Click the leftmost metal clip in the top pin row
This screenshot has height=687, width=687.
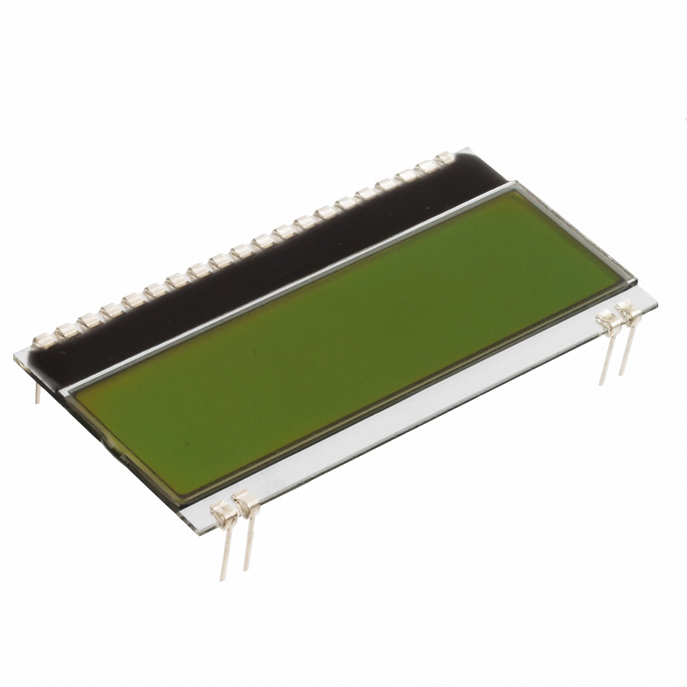coord(44,339)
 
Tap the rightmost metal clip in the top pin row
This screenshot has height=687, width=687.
coord(445,158)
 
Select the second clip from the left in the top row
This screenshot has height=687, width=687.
coord(67,330)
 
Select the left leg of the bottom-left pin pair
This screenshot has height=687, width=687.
coord(225,550)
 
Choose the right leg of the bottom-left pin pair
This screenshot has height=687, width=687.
coord(247,543)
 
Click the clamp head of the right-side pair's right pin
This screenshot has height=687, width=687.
coord(627,311)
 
